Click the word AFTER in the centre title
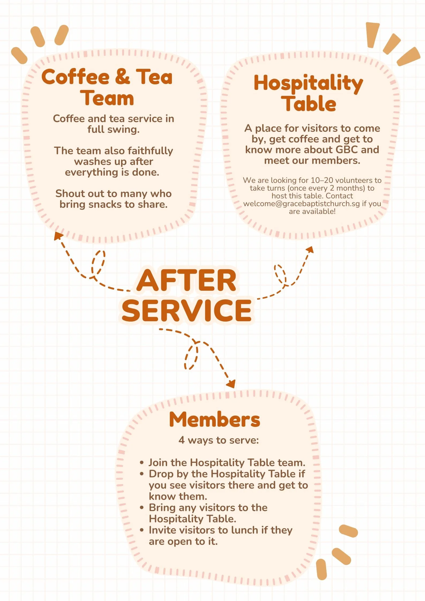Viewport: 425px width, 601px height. [x=186, y=280]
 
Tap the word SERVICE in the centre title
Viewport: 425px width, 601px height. [x=187, y=310]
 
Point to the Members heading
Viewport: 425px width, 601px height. [x=215, y=419]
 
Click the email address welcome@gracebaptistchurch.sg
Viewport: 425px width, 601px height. [x=302, y=203]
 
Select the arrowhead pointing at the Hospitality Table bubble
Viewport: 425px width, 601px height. [x=310, y=250]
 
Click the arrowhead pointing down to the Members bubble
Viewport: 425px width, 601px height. [x=231, y=384]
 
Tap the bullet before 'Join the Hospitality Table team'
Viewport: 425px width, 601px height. [x=142, y=463]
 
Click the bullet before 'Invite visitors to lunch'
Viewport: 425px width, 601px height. [x=142, y=530]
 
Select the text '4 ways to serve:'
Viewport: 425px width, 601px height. [x=219, y=440]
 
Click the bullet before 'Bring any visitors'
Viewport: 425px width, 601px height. [x=142, y=508]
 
